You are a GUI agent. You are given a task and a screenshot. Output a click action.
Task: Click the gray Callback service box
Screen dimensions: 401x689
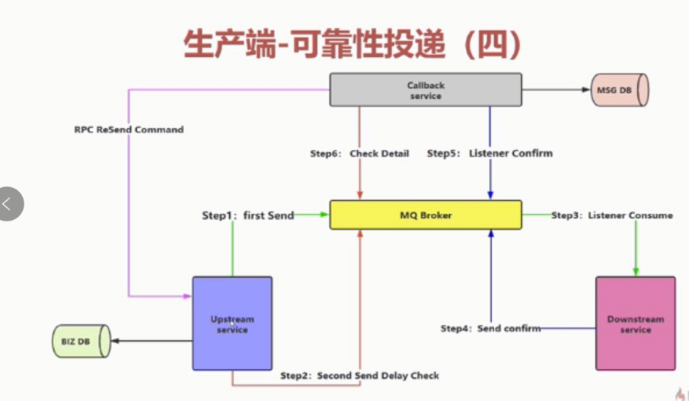tap(425, 90)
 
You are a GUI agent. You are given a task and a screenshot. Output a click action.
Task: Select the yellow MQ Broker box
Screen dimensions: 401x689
tap(425, 215)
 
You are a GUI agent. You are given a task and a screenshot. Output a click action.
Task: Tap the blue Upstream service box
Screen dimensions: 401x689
tap(232, 324)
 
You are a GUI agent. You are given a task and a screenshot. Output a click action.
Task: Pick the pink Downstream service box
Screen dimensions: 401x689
tap(635, 324)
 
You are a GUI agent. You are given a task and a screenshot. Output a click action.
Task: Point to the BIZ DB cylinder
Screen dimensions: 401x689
tap(81, 341)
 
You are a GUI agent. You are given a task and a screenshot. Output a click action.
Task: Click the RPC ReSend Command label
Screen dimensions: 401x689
tap(129, 129)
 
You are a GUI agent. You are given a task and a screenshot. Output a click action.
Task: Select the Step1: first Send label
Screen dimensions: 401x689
tap(248, 215)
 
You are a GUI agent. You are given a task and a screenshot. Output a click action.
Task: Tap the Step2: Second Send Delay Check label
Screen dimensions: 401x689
tap(359, 375)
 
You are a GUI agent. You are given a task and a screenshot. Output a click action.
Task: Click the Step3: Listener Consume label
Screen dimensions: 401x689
tap(612, 215)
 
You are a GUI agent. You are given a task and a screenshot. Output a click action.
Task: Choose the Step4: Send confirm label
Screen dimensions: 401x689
tap(490, 328)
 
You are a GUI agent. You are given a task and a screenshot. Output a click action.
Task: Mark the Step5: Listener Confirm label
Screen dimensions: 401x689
tap(490, 153)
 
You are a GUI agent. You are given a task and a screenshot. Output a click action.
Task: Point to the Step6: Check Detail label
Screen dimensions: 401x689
tap(359, 153)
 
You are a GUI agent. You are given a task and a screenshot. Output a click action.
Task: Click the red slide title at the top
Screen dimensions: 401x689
tap(352, 44)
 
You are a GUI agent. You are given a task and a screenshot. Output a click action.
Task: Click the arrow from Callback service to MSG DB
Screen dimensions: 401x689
tap(555, 90)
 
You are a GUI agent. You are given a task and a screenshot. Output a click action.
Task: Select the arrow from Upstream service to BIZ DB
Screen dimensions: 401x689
tap(152, 341)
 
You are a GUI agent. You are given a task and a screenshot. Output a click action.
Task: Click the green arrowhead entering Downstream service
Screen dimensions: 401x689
tap(636, 272)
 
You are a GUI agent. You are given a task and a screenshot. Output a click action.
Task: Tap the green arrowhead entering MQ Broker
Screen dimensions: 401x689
tap(324, 215)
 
